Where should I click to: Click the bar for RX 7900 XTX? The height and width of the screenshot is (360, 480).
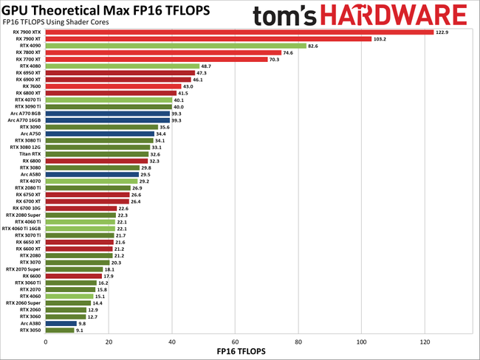tap(239, 32)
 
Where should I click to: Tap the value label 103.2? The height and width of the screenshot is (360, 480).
tap(382, 39)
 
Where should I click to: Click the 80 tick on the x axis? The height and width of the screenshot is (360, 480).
tap(298, 342)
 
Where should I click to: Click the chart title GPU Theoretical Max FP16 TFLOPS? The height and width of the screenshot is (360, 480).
tap(105, 10)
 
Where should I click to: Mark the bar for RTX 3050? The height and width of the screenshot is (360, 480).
tap(60, 330)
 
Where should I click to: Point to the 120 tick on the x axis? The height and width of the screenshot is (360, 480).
tap(425, 342)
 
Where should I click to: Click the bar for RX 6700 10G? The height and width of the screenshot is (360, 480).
tap(81, 208)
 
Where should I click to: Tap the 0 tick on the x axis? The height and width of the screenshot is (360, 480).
tap(46, 342)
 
